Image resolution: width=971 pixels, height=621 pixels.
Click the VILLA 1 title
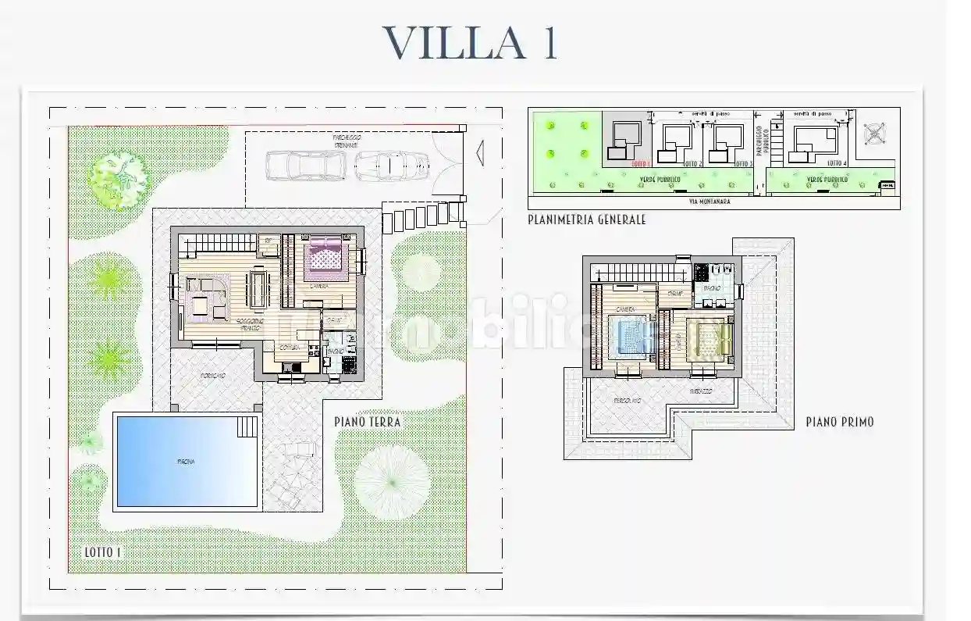tap(470, 44)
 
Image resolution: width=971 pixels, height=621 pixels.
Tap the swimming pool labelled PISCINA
tap(186, 461)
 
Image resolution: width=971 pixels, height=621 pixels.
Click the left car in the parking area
tap(305, 165)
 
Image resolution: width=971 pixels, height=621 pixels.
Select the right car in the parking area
tap(392, 165)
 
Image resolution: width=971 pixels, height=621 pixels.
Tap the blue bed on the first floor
tap(631, 337)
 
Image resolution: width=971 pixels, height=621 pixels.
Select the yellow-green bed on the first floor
tap(710, 337)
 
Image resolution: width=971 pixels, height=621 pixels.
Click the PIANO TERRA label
tap(367, 422)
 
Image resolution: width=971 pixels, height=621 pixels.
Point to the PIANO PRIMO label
tap(839, 422)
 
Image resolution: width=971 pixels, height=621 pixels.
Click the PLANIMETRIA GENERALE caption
tap(586, 220)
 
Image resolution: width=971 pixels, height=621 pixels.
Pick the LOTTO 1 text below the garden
tap(102, 552)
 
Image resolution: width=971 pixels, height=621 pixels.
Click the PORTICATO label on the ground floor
tap(212, 377)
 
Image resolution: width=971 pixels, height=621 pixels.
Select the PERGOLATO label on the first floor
tap(627, 400)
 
